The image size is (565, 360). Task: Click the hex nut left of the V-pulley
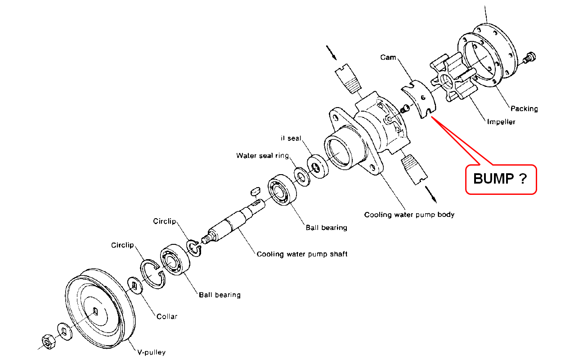[48, 342]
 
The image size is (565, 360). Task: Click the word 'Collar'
[167, 316]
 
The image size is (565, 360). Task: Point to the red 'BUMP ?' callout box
[501, 179]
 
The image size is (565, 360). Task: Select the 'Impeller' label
[501, 121]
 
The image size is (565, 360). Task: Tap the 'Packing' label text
[524, 108]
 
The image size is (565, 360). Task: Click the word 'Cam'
[387, 57]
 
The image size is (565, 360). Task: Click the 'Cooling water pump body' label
[409, 215]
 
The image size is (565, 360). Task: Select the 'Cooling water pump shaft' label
[302, 254]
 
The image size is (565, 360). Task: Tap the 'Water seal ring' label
[263, 156]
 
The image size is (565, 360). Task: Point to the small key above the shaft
[255, 191]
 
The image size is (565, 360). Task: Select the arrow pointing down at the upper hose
[333, 53]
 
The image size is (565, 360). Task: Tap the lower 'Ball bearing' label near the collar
[220, 295]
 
